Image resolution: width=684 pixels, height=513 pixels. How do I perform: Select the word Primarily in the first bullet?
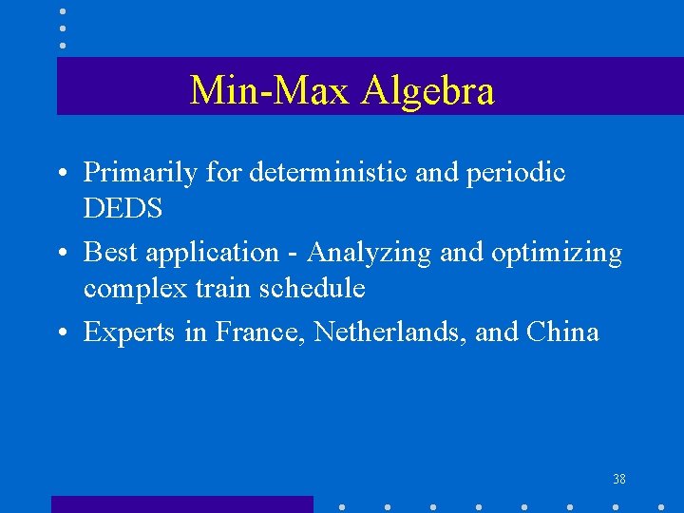tap(141, 173)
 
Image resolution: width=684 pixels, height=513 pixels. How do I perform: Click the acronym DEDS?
tap(123, 208)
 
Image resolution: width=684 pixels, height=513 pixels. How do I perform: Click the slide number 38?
tap(619, 480)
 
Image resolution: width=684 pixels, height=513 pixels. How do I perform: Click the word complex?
tap(129, 288)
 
